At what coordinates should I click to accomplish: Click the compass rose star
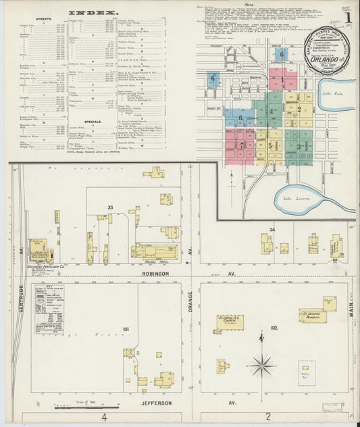point(261,366)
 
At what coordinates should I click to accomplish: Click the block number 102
point(273,328)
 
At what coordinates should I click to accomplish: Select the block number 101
point(126,329)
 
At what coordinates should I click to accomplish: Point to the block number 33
point(109,206)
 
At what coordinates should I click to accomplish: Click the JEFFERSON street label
point(157,403)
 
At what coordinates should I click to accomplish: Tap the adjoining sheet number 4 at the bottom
point(104,417)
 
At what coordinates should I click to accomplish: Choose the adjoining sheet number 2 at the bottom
point(268,416)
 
